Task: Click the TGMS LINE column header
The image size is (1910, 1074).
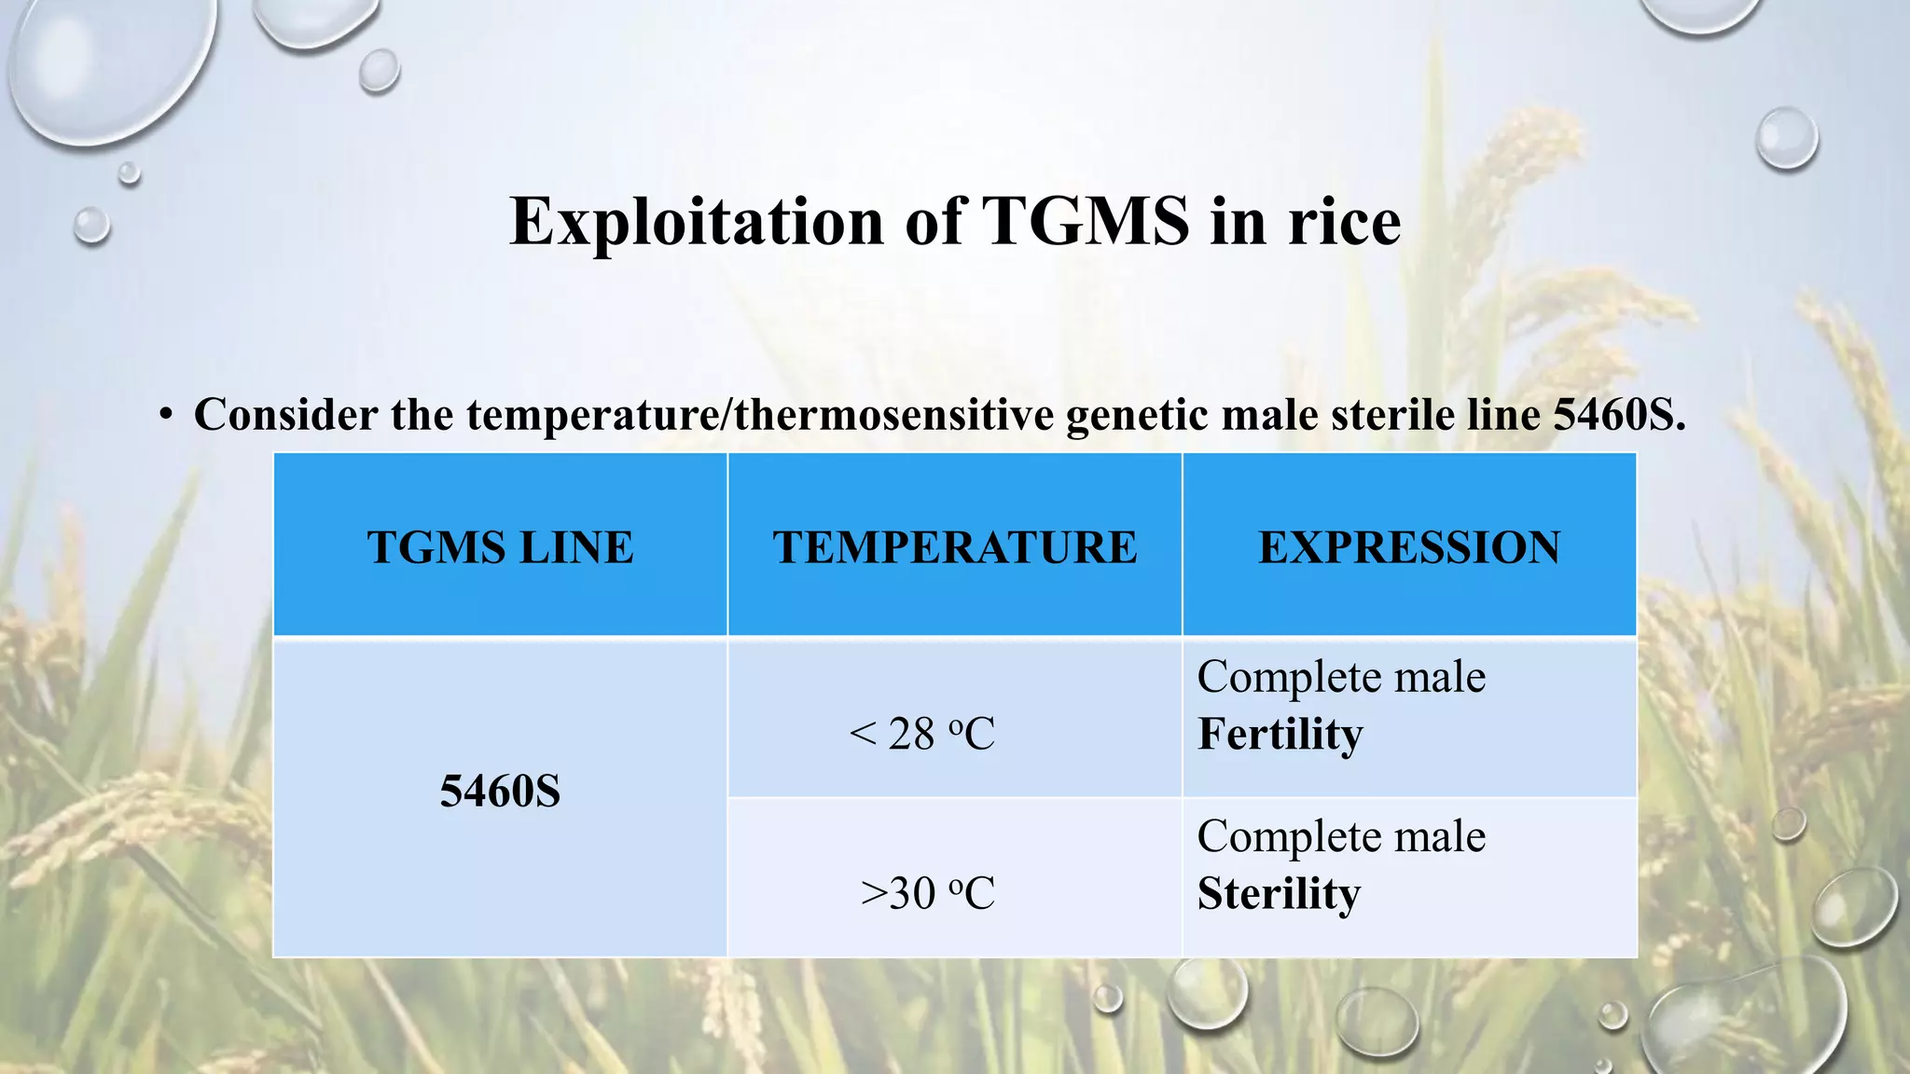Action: click(x=500, y=547)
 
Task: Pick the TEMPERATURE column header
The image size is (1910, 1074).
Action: click(x=954, y=547)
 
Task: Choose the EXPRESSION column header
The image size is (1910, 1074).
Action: click(x=1408, y=547)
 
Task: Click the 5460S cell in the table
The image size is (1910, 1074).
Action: click(x=500, y=792)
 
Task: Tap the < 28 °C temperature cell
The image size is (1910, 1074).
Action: click(x=921, y=734)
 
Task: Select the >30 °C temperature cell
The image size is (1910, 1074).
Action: click(x=927, y=893)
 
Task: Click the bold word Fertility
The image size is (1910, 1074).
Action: click(x=1280, y=734)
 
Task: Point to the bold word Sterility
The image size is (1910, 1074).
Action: click(x=1279, y=893)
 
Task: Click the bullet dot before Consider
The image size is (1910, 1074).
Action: click(x=166, y=416)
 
